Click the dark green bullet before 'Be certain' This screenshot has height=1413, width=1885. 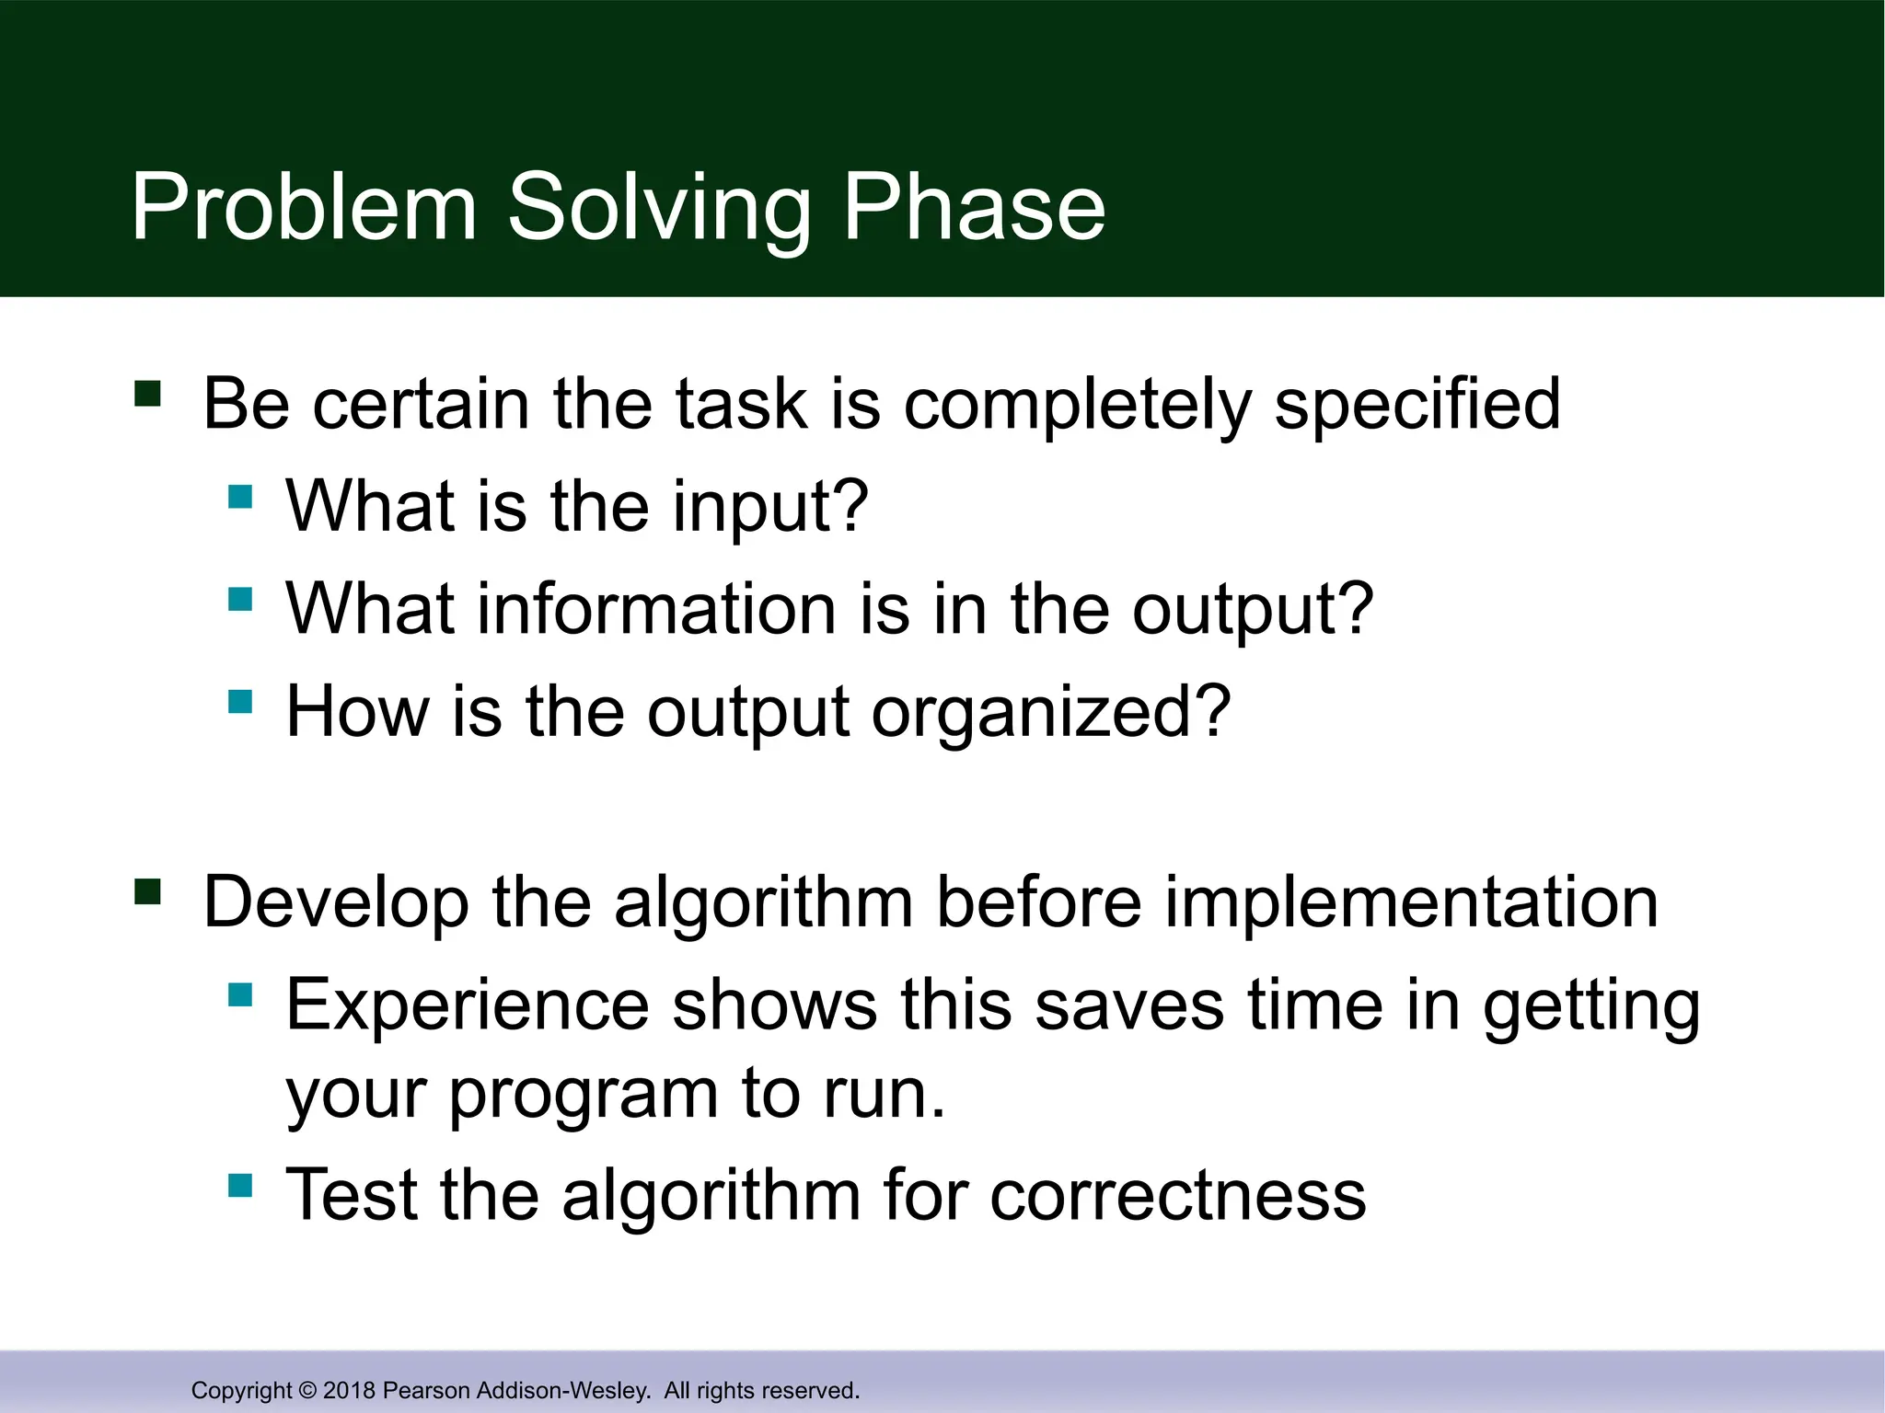147,394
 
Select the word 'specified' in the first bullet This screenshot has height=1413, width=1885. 1417,405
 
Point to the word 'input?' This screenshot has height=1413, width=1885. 770,507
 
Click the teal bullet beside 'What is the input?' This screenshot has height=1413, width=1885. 240,497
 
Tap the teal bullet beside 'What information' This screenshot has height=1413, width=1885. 240,600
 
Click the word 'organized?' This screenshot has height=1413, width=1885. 1050,712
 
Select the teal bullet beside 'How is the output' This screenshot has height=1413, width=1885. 240,702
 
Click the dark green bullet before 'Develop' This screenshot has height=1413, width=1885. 147,891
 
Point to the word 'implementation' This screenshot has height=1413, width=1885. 1411,902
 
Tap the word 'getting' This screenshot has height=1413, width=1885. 1591,1006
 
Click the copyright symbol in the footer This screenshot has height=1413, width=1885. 307,1390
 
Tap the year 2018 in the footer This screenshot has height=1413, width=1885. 349,1390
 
